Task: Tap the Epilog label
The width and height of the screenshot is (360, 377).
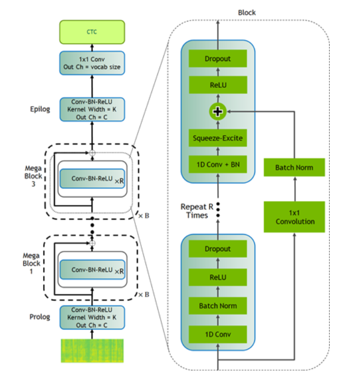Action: (40, 109)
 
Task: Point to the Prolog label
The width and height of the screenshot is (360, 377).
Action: (40, 317)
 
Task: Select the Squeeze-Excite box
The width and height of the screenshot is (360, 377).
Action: (218, 138)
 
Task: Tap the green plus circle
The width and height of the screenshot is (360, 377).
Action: (218, 112)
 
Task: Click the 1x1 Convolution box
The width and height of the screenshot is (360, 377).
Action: (294, 217)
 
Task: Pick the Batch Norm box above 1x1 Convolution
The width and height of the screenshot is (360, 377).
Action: (294, 168)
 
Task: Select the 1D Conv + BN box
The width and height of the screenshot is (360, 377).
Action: (218, 164)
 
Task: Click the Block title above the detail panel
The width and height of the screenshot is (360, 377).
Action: (246, 12)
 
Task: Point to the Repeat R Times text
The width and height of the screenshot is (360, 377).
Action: (194, 211)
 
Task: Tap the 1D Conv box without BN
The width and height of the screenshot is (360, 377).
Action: (218, 334)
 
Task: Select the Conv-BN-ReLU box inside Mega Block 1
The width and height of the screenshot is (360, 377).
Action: (93, 269)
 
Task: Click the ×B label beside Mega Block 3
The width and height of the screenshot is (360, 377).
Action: (144, 216)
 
